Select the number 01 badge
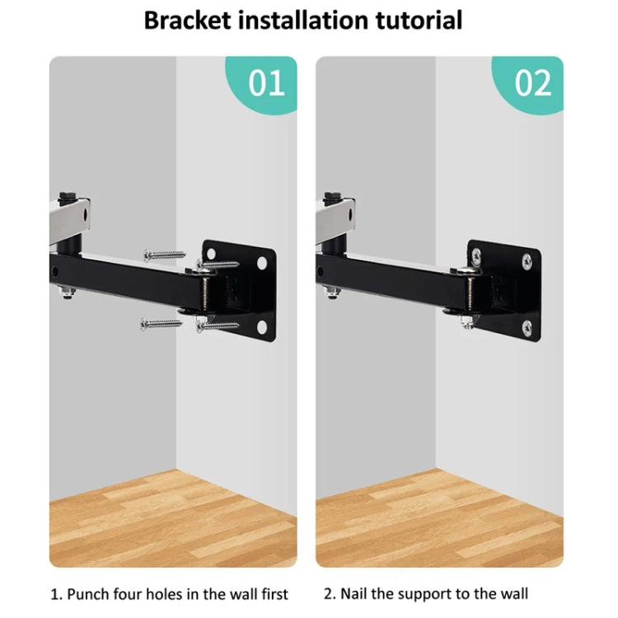[266, 84]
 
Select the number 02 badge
[533, 84]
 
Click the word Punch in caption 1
[91, 593]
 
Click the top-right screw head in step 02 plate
[527, 263]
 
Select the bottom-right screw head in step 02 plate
[527, 328]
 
